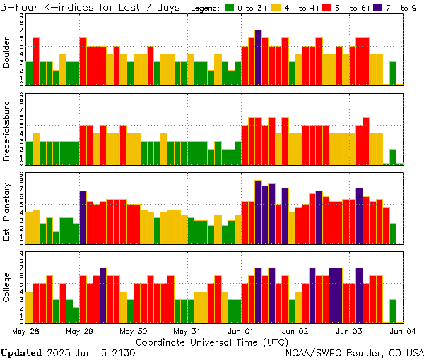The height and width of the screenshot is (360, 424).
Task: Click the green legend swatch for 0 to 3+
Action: (230, 8)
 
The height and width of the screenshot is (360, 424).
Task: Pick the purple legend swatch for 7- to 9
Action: (379, 8)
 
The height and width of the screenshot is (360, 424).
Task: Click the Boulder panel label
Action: (8, 53)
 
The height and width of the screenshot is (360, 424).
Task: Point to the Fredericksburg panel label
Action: (8, 131)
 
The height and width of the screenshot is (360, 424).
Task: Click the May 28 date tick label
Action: (26, 331)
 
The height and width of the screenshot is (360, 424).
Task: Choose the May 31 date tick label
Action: (187, 331)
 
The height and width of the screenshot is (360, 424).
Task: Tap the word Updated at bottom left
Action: (20, 352)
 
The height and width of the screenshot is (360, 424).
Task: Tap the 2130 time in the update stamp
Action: (122, 352)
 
